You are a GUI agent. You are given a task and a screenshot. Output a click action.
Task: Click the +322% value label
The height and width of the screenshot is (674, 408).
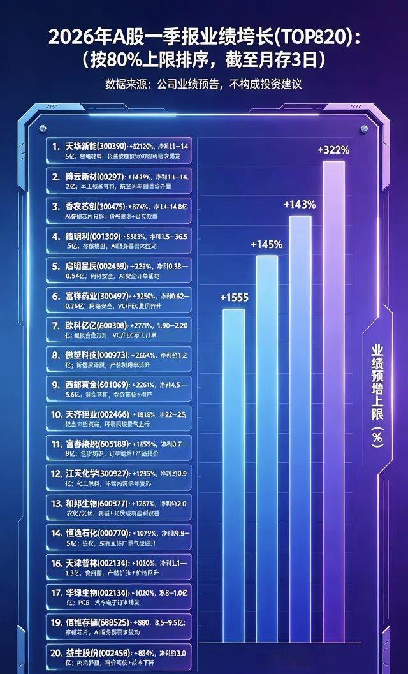coord(333,150)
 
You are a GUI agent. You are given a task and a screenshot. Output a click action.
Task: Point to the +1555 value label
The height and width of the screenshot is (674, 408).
coord(234,297)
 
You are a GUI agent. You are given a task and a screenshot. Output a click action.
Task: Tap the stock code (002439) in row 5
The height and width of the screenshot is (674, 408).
coord(113,266)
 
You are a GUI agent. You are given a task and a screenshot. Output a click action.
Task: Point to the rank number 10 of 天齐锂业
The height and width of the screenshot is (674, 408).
coord(57,415)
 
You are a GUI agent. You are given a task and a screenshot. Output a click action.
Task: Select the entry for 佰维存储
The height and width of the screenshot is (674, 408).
coord(120,629)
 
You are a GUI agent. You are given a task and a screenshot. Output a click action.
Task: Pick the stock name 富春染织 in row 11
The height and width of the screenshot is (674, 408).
coord(85,444)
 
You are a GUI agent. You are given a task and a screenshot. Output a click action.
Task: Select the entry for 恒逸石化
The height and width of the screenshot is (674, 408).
coord(120,538)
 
